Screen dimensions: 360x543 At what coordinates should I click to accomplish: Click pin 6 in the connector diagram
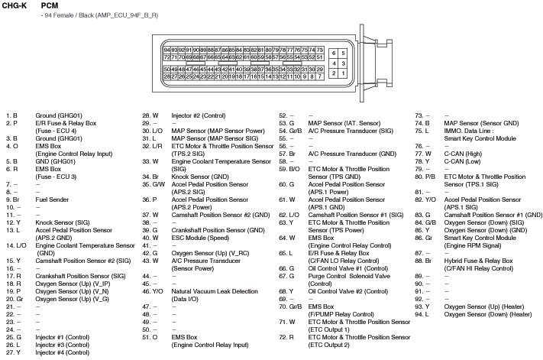pyautogui.click(x=335, y=54)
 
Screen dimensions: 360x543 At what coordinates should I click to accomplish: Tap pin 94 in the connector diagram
pyautogui.click(x=166, y=50)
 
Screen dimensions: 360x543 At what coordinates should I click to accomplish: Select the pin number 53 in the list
pyautogui.click(x=282, y=122)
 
